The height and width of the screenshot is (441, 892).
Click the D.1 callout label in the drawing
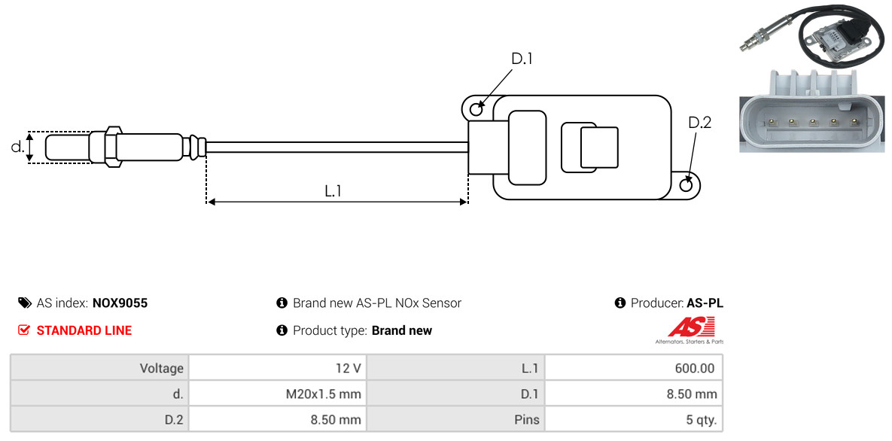[x=522, y=59]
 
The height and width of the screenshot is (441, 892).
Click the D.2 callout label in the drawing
[x=699, y=123]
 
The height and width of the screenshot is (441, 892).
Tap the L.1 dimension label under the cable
[x=333, y=191]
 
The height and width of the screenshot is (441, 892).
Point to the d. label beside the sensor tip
[x=17, y=147]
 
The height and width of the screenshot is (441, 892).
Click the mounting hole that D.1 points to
[x=476, y=110]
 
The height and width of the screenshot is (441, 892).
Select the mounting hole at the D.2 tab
[x=687, y=185]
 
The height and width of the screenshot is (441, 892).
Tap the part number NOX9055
[x=120, y=303]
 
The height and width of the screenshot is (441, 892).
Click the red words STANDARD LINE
[x=84, y=330]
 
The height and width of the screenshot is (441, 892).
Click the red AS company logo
[x=690, y=327]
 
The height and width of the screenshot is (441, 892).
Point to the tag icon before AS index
[x=25, y=303]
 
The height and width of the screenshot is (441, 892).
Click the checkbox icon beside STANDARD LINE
[x=24, y=330]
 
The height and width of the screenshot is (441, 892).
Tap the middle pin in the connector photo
[x=813, y=121]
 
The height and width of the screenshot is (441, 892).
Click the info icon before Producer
[x=620, y=303]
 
